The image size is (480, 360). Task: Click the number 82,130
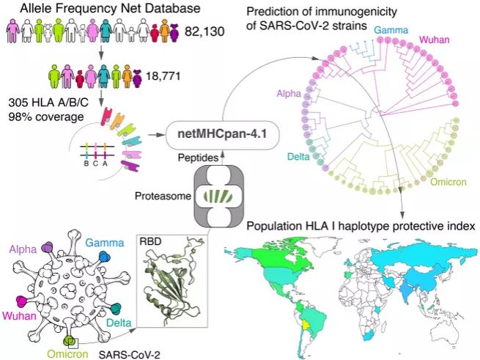pos(204,32)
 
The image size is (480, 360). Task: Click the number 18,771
pos(163,76)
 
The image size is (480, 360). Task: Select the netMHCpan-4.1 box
pos(223,134)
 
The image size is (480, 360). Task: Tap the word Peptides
pos(198,158)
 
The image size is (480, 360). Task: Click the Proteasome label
pos(163,196)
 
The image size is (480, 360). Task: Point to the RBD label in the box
pos(150,241)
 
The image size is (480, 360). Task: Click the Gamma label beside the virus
pos(105,243)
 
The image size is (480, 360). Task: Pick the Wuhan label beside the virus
pos(19,315)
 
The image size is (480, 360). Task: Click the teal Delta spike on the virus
pos(116,308)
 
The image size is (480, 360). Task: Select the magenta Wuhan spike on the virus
pos(22,301)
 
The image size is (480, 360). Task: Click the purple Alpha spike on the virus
pos(48,247)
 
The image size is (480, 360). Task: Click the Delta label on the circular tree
pos(298,157)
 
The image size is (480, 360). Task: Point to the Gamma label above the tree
pos(391,30)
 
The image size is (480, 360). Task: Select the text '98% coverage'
pos(46,117)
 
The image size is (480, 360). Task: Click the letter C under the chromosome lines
pos(95,164)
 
